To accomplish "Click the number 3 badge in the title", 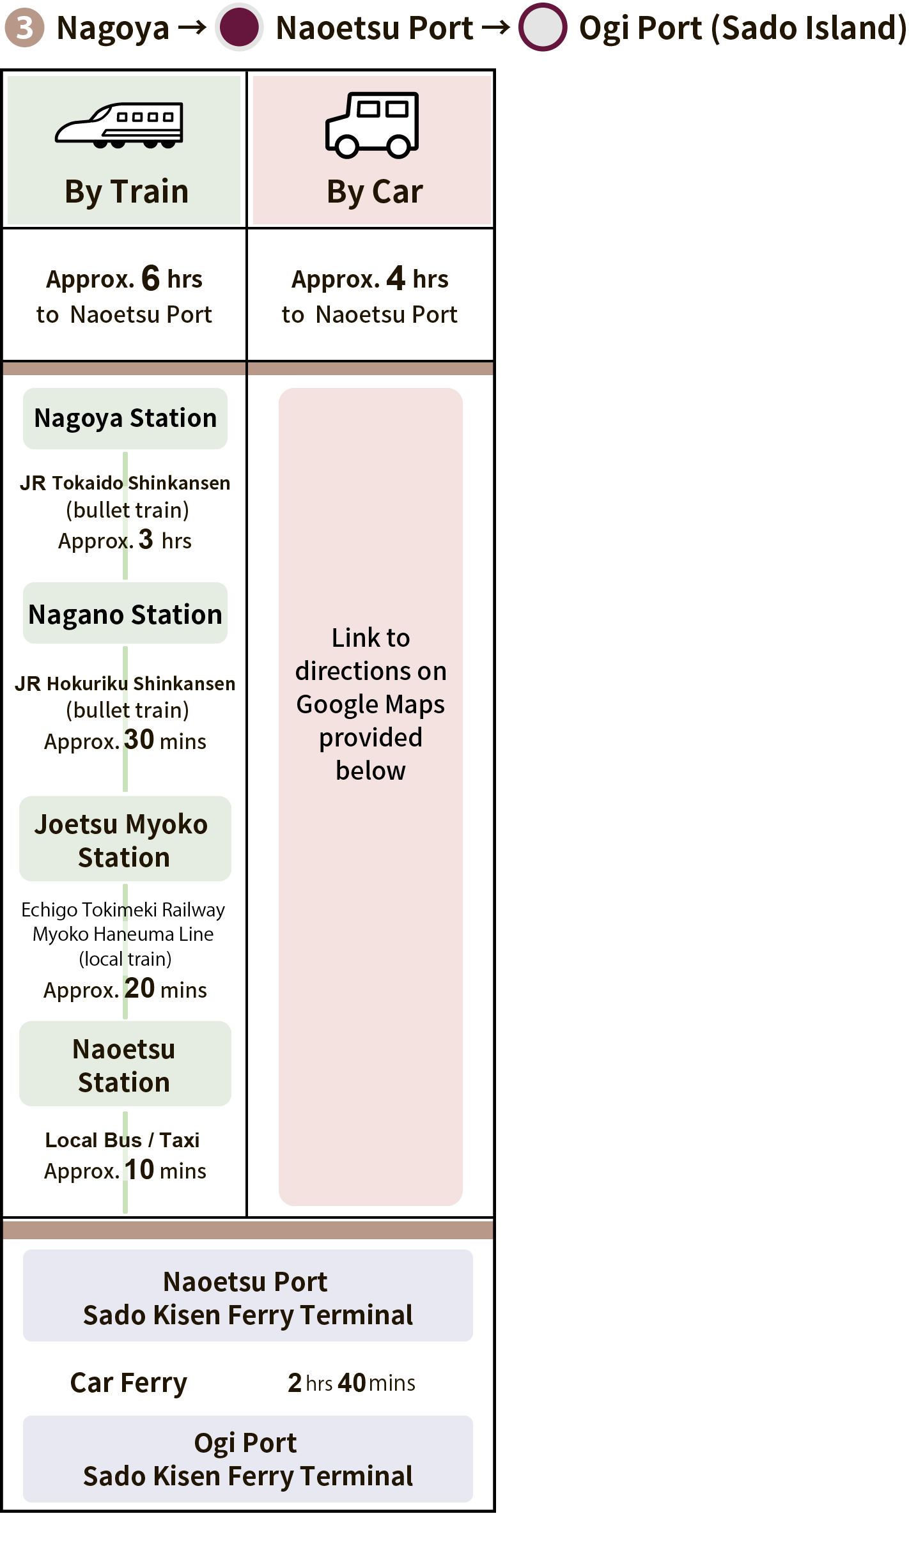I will point(24,27).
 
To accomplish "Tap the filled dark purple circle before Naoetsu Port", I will point(239,27).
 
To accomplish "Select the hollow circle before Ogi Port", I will point(543,27).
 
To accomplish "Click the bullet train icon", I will point(120,125).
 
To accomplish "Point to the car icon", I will point(371,125).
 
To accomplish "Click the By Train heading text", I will point(127,192).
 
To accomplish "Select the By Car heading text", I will point(375,192).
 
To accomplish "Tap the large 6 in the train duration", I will point(150,278).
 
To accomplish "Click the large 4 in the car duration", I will point(396,278).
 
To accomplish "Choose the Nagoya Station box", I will point(125,419).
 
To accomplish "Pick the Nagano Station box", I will point(125,614).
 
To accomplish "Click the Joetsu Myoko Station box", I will point(125,840).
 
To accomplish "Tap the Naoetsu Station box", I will point(125,1065).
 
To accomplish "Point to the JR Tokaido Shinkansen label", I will point(125,483).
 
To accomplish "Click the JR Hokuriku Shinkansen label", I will point(125,684).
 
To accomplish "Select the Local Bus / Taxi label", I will point(122,1140).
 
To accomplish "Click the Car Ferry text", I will point(128,1382).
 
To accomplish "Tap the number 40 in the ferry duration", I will point(352,1382).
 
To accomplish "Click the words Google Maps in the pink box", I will point(370,704).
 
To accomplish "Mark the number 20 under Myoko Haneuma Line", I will point(139,989).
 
